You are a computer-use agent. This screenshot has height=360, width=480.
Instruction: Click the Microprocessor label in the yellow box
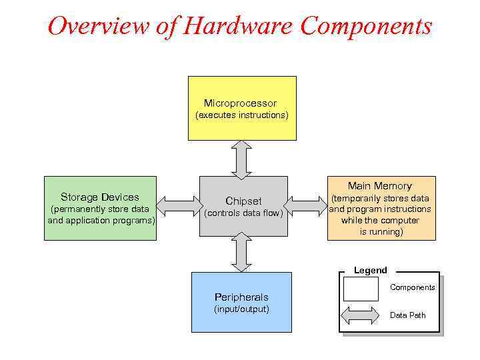(240, 103)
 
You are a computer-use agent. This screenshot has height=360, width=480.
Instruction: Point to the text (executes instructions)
(241, 115)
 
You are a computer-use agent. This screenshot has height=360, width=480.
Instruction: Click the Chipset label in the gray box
(243, 201)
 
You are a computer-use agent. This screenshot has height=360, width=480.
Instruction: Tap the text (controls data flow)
(243, 213)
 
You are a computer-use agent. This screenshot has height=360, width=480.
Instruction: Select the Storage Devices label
(100, 197)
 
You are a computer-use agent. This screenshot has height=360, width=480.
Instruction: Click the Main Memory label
(380, 186)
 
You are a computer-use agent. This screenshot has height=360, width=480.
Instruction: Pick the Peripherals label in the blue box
(241, 297)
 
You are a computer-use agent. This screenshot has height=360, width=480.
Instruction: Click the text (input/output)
(241, 309)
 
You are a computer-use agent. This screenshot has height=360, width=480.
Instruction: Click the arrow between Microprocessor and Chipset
(241, 158)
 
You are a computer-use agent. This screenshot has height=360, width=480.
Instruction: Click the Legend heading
(370, 270)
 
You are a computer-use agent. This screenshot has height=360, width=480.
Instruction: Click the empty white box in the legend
(360, 289)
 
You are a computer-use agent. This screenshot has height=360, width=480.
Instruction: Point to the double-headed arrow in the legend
(360, 315)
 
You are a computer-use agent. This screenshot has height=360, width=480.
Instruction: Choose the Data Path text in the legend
(407, 315)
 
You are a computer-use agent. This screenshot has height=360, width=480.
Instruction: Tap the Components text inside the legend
(412, 287)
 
